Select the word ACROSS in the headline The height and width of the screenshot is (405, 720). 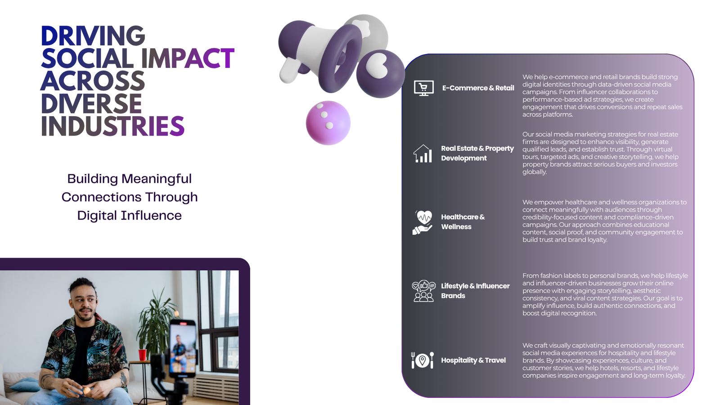coord(93,81)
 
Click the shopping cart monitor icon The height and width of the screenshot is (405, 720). coord(423,88)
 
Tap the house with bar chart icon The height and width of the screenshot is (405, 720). coord(423,153)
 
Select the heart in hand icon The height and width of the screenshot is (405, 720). coord(423,222)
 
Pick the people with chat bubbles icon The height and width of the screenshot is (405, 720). coord(423,291)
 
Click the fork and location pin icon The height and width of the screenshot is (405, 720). coord(423,360)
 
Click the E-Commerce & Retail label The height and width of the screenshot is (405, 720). coord(478,88)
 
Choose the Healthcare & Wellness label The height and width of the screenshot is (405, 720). coord(463,222)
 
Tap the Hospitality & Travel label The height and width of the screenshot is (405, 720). coord(473,360)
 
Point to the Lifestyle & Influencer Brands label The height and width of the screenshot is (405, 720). coord(475,291)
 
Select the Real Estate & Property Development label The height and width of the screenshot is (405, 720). coord(477,153)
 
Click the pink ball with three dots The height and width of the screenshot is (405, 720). coord(328,123)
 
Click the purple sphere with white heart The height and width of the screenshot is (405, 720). coord(381,74)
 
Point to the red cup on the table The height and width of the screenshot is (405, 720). coord(142,355)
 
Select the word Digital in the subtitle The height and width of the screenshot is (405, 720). coord(97,216)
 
